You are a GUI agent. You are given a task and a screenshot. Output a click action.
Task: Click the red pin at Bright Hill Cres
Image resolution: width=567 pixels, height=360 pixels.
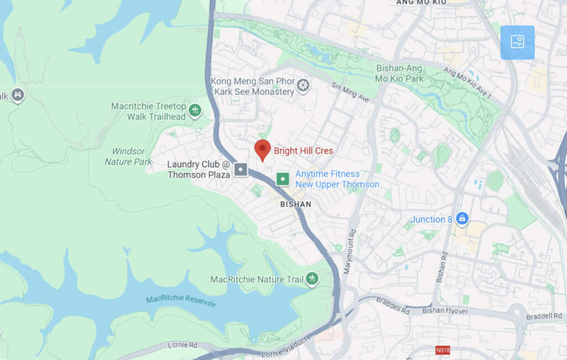coord(262,149)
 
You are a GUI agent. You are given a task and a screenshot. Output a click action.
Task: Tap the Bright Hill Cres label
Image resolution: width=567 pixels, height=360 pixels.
coord(303,151)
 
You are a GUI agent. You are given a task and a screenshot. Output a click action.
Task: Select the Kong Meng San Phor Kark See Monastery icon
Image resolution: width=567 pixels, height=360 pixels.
coord(302,85)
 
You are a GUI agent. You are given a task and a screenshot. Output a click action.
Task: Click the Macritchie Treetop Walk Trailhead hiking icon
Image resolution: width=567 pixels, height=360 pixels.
coord(194,110)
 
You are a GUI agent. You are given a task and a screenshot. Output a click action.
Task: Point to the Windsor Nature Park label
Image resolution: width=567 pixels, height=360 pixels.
coord(128,156)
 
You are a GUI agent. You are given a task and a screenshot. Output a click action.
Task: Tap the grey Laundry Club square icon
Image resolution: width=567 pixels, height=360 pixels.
coord(240,169)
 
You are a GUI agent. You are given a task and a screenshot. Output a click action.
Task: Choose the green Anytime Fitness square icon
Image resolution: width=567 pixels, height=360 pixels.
coord(282,179)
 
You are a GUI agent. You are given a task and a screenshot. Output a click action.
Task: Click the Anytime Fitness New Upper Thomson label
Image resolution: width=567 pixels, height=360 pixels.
coord(337,179)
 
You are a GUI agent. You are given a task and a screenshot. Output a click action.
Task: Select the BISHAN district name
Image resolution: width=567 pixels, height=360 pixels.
coord(296,204)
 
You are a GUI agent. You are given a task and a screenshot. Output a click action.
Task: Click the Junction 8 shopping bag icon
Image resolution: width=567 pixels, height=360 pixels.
coord(462,219)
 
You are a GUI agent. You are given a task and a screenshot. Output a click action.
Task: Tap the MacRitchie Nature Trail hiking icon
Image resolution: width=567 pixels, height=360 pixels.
coord(312,279)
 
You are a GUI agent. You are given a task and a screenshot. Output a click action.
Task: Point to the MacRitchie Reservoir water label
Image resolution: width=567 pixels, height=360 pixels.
coord(181,301)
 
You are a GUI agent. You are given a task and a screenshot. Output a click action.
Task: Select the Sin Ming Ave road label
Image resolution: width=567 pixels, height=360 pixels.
coord(350,92)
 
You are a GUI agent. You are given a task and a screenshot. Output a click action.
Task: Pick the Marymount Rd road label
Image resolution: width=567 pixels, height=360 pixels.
coord(352,244)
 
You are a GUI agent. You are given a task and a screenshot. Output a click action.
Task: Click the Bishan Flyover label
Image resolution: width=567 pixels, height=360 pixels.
coord(445,311)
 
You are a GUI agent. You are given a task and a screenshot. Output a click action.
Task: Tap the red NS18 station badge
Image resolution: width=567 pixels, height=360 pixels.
coord(442,350)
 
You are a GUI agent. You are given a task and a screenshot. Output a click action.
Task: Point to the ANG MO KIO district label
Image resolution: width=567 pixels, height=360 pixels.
coord(421,3)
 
